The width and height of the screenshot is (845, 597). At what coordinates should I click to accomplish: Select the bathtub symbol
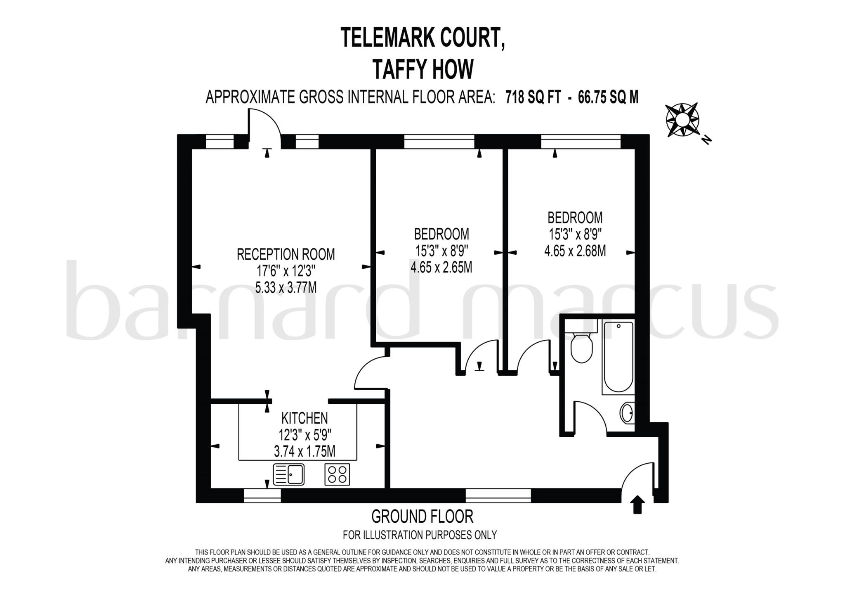click(x=618, y=357)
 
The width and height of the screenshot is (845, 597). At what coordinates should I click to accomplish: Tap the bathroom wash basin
click(x=627, y=412)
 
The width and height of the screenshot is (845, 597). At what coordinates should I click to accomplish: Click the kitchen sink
click(x=288, y=474)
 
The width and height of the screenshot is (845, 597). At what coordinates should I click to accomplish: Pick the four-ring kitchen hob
click(x=337, y=474)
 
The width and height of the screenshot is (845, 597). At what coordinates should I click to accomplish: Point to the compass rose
click(x=682, y=120)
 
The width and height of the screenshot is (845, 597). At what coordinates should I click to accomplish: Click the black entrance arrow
click(x=638, y=505)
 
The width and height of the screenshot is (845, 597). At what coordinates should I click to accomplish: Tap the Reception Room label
click(x=286, y=254)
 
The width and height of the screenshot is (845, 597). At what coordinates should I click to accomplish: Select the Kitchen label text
click(x=304, y=418)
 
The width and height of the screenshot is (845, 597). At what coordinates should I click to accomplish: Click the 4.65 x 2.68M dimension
click(x=575, y=251)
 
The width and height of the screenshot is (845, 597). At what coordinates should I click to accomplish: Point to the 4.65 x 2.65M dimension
click(x=441, y=268)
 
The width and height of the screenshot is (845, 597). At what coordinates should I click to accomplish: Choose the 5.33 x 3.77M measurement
click(x=286, y=287)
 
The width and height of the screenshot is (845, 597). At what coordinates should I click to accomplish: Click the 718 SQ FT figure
click(x=533, y=97)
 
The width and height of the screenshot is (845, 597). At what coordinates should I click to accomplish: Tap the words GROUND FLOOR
click(x=422, y=516)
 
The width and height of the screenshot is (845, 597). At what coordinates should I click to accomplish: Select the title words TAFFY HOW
click(x=422, y=69)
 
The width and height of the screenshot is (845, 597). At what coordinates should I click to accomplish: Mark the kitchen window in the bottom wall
click(x=262, y=495)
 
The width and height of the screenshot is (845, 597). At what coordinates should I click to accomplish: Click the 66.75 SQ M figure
click(x=608, y=97)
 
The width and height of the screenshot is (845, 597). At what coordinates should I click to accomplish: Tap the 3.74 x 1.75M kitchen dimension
click(x=304, y=452)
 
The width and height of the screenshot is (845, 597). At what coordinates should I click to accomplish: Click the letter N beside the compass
click(x=707, y=140)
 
